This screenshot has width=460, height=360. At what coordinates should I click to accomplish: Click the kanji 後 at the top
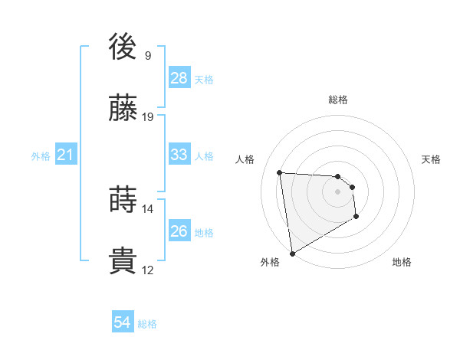[123, 47]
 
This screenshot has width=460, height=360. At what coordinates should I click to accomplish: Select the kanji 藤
[123, 109]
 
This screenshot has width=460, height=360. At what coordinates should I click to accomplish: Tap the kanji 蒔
[123, 200]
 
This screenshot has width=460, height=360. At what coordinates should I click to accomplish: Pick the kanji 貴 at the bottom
[123, 261]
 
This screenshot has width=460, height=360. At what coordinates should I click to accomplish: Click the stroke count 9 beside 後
[148, 56]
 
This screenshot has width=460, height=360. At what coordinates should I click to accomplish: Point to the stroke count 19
[148, 117]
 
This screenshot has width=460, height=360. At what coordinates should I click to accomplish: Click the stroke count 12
[148, 270]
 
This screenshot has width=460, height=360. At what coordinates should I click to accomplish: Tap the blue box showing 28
[179, 78]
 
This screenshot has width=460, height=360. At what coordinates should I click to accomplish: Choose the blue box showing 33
[179, 155]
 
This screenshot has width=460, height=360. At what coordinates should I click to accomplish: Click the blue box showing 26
[179, 231]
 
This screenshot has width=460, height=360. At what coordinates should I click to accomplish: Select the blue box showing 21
[66, 155]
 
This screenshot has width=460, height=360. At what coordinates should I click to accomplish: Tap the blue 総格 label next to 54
[147, 324]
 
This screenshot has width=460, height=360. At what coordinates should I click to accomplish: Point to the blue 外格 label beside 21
[41, 156]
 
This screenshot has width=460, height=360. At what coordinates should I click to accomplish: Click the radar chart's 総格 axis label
[338, 100]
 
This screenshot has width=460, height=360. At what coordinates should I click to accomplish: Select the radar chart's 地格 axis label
[402, 263]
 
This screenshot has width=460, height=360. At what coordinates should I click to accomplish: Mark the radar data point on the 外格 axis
[292, 253]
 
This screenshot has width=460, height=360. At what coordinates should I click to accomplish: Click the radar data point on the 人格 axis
[280, 172]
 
